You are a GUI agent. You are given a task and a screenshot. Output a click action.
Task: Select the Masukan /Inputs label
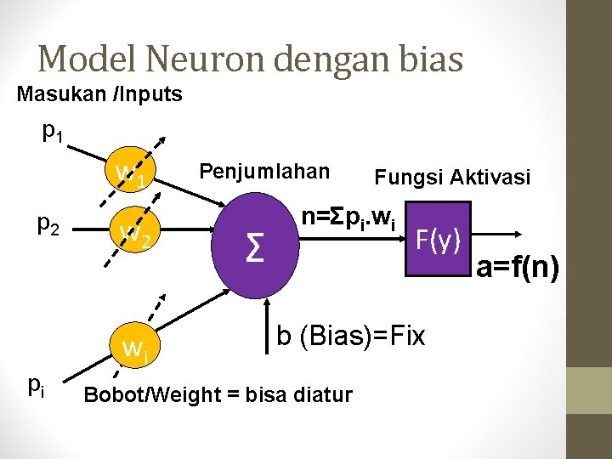[99, 94]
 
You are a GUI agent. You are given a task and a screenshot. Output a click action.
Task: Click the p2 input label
[48, 225]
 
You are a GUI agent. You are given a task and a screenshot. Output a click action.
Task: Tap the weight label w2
[135, 231]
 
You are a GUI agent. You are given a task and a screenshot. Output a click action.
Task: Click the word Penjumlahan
[263, 171]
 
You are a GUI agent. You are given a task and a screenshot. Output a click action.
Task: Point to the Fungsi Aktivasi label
[452, 178]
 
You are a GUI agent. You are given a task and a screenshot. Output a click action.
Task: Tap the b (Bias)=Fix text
[350, 336]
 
